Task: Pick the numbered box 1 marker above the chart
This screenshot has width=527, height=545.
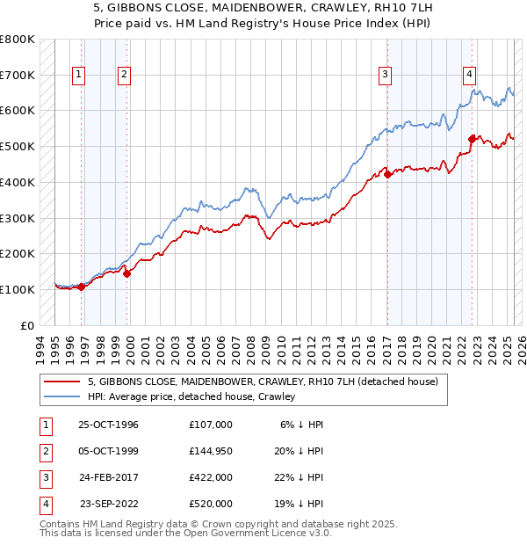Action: click(x=79, y=76)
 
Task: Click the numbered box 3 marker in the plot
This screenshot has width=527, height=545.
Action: click(x=385, y=76)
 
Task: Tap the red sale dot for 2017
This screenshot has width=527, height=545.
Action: click(x=387, y=174)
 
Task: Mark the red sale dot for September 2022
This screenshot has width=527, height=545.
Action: click(x=472, y=139)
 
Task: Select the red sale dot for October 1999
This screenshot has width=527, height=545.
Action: click(x=126, y=273)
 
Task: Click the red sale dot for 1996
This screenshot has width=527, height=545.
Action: click(x=82, y=287)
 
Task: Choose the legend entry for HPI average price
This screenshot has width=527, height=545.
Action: click(x=191, y=396)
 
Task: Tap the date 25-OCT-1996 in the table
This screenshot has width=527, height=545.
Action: click(x=108, y=425)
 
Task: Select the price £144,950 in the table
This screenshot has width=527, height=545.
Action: click(x=210, y=452)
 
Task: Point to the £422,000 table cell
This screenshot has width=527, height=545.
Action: click(x=210, y=478)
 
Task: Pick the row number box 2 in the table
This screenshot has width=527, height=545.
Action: click(x=44, y=452)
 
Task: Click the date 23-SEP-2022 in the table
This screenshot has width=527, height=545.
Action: click(x=108, y=505)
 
